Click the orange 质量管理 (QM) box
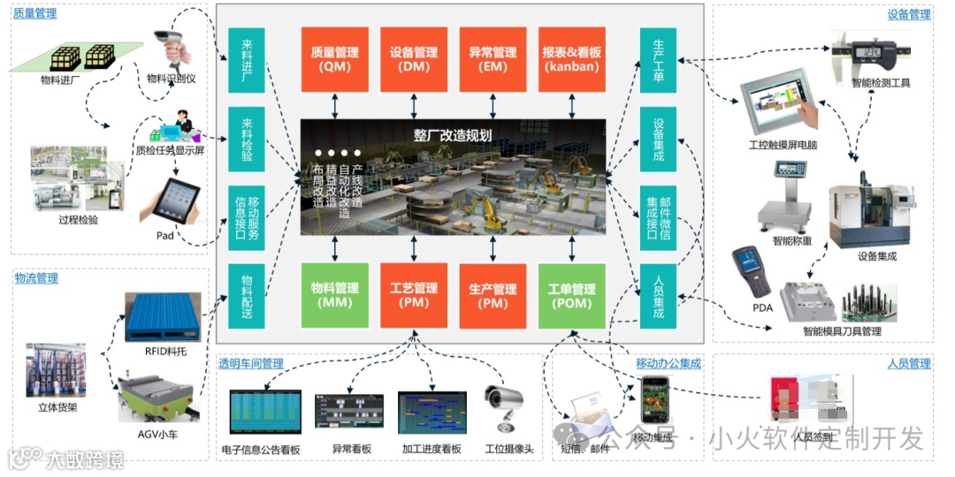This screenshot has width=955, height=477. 335,59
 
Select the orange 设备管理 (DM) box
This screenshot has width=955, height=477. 414,59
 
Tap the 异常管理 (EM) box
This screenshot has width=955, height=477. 493,59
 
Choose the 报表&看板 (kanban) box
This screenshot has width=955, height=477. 572,59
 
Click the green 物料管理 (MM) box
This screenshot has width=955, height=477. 335,295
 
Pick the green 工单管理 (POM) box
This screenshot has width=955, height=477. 572,295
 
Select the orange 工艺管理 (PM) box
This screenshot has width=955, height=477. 414,295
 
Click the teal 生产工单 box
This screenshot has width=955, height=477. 658,60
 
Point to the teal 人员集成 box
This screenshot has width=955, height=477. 658,296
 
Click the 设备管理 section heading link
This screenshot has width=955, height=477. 909,14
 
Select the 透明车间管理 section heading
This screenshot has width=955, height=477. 251,363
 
